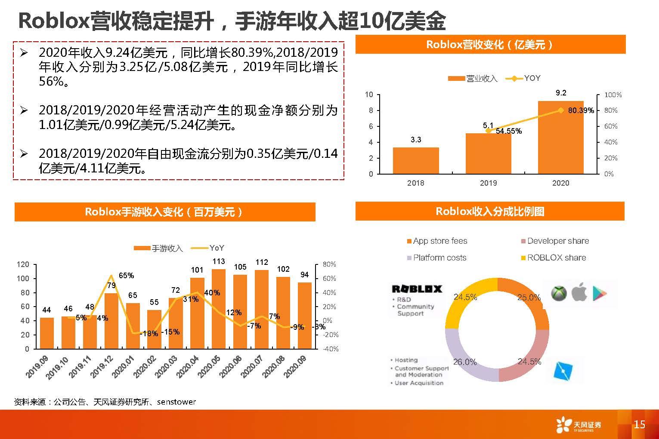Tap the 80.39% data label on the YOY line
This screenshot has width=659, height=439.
pyautogui.click(x=581, y=111)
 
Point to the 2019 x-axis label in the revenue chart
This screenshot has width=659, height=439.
pyautogui.click(x=488, y=183)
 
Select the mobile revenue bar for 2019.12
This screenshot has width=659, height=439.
pyautogui.click(x=111, y=320)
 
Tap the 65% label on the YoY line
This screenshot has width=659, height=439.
pyautogui.click(x=126, y=276)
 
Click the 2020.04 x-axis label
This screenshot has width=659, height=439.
pyautogui.click(x=186, y=368)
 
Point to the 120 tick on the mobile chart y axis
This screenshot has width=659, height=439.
pyautogui.click(x=23, y=264)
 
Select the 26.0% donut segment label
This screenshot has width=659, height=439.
pyautogui.click(x=464, y=362)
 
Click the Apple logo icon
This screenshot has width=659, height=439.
pyautogui.click(x=579, y=293)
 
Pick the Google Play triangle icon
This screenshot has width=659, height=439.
pyautogui.click(x=600, y=293)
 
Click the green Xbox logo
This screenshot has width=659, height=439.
pyautogui.click(x=559, y=293)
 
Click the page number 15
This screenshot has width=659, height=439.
pyautogui.click(x=639, y=425)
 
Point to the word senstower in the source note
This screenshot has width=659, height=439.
pyautogui.click(x=176, y=402)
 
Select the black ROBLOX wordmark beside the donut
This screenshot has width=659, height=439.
pyautogui.click(x=416, y=289)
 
